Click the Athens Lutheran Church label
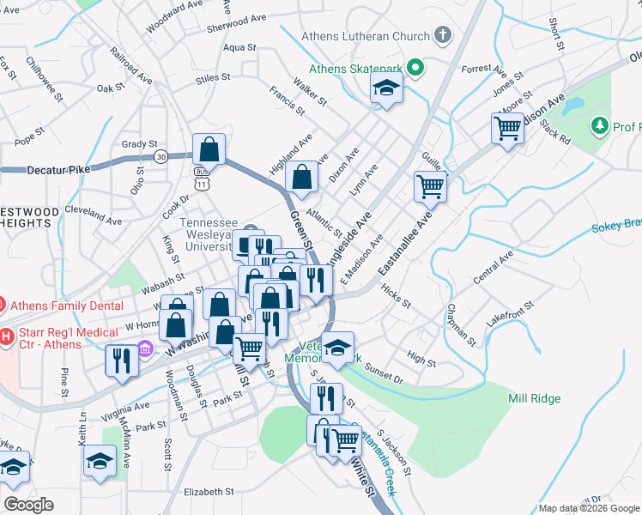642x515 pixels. coord(365,37)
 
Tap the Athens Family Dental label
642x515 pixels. coord(55,304)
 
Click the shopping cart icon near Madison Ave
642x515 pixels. coord(508,129)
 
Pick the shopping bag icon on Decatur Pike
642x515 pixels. coord(209,149)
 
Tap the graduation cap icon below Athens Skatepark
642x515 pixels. coord(386,88)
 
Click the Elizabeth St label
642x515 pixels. coord(209,492)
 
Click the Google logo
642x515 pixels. coord(28,505)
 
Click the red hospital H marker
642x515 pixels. coord(7,335)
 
